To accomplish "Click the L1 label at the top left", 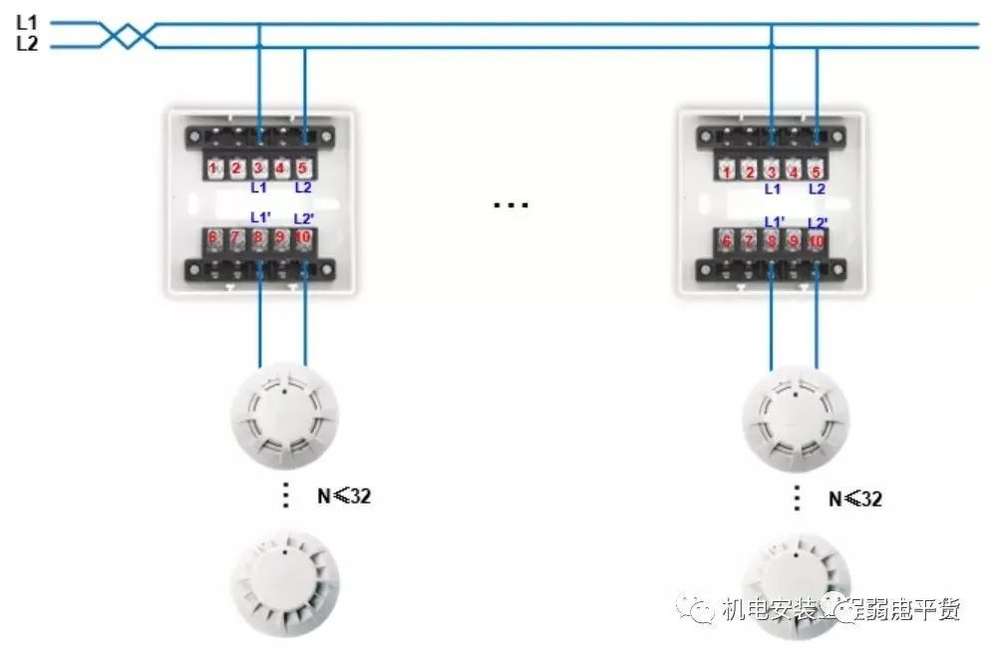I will click(26, 20).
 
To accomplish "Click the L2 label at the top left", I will click(26, 43).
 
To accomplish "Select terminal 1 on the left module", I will click(214, 168).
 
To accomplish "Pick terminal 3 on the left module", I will click(259, 168).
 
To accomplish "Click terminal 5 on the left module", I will click(303, 168).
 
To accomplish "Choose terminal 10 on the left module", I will click(303, 239).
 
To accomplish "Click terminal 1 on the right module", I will click(728, 170).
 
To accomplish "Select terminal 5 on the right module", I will click(817, 170).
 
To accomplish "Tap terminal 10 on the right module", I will click(817, 241).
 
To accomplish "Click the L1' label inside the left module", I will click(260, 217).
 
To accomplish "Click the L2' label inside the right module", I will click(817, 222).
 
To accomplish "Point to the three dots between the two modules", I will click(510, 206).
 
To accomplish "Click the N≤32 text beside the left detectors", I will click(345, 494).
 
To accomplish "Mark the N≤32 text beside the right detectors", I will click(855, 498).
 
